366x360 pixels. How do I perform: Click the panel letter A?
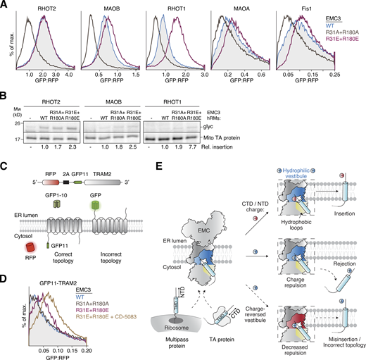4,4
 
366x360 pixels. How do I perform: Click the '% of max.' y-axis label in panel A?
8,42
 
